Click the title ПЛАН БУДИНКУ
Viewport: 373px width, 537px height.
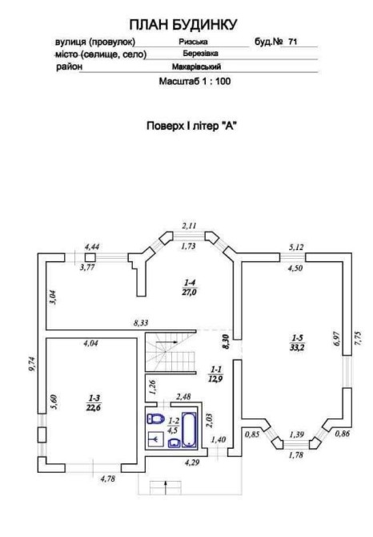click(x=183, y=25)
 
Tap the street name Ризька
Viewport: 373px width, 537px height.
click(x=193, y=42)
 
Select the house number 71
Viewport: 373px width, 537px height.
click(x=293, y=42)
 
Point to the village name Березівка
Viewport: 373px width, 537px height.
click(x=200, y=54)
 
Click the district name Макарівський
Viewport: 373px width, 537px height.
click(x=196, y=67)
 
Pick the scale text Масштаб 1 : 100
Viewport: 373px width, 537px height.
click(x=195, y=82)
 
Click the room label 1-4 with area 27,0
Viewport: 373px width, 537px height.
click(x=190, y=288)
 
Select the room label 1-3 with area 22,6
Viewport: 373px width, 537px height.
click(x=94, y=402)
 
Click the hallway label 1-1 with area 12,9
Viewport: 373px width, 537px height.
click(x=216, y=373)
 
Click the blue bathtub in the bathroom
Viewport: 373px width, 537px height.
click(x=189, y=430)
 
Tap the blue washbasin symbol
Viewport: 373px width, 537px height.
click(x=174, y=442)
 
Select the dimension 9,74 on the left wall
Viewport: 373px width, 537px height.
click(x=32, y=364)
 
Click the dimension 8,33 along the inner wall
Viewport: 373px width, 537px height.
click(x=141, y=323)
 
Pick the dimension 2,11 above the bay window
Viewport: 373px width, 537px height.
click(x=189, y=226)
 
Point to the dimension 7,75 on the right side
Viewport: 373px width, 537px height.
click(x=358, y=338)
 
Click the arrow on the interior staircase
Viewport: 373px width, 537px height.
click(x=166, y=341)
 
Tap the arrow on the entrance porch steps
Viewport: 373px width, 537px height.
click(x=166, y=487)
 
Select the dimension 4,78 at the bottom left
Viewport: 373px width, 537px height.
click(x=108, y=478)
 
